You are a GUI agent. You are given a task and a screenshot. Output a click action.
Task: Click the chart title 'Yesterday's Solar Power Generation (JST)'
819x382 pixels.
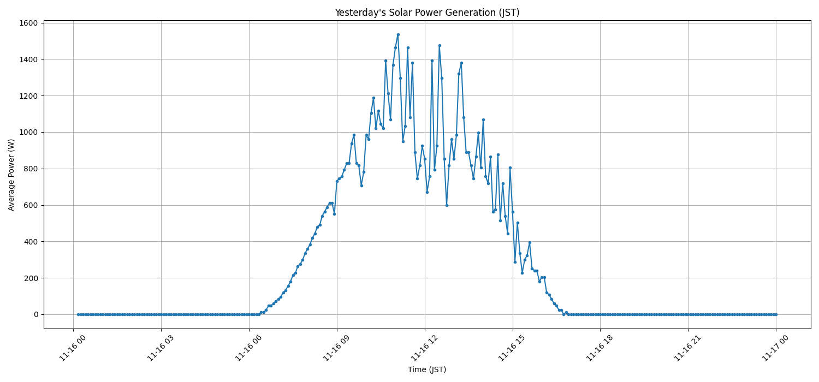tap(427, 13)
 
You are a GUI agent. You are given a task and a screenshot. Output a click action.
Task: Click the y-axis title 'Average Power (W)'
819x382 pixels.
tap(11, 175)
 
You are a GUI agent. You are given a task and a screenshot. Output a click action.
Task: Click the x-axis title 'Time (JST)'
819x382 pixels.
tap(427, 369)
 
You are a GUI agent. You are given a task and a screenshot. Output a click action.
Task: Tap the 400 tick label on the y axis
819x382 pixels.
tap(30, 242)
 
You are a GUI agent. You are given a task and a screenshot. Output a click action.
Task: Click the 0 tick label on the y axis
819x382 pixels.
tap(35, 314)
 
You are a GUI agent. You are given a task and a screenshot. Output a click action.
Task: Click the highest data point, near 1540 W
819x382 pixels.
tap(398, 34)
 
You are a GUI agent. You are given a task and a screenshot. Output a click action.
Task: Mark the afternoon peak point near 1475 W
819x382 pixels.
tap(440, 45)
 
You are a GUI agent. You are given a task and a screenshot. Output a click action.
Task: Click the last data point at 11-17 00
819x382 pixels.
tap(776, 314)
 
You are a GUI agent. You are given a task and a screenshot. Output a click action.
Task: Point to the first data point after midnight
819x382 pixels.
tap(78, 314)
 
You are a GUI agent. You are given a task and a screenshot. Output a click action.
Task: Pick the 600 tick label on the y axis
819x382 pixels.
tap(30, 205)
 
